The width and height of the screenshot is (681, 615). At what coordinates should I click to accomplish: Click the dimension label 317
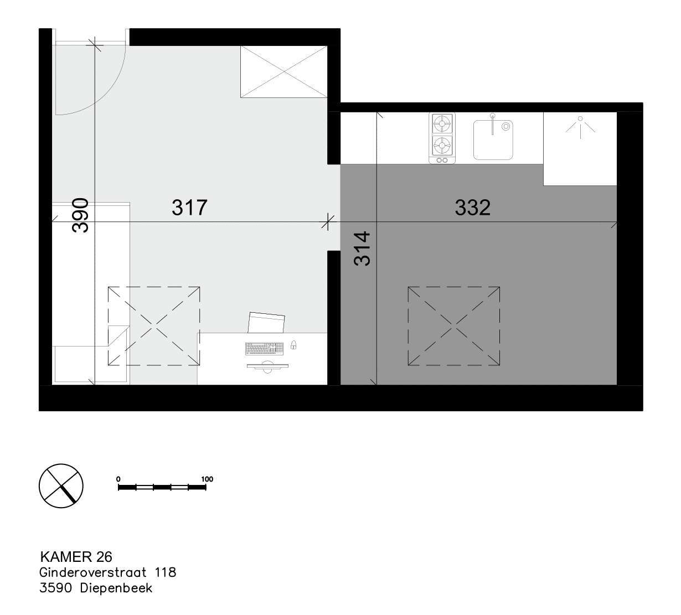[189, 208]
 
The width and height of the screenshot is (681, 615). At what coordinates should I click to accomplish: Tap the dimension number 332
[473, 208]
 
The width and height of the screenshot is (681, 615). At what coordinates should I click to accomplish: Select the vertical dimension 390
[80, 215]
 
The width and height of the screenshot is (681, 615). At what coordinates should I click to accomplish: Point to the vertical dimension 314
[362, 248]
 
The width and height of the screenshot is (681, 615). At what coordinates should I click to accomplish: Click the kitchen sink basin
[493, 140]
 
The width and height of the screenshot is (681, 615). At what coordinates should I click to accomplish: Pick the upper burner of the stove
[442, 124]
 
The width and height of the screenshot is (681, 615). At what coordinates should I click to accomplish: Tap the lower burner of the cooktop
[442, 145]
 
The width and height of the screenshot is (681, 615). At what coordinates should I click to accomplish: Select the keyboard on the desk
[264, 349]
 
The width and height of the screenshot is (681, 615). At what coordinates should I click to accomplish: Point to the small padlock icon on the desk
[293, 345]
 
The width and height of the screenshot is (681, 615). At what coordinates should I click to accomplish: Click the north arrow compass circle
[61, 485]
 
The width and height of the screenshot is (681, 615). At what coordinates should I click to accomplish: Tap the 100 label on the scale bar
[207, 479]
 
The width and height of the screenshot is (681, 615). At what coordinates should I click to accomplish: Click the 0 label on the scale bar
[118, 479]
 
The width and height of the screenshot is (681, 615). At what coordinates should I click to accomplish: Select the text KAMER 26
[76, 557]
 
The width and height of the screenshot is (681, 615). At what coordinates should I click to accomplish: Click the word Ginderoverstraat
[93, 572]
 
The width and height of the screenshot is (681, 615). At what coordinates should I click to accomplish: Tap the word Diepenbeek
[116, 588]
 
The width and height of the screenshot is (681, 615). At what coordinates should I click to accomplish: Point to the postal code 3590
[56, 588]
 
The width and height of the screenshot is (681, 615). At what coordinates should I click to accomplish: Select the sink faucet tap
[492, 124]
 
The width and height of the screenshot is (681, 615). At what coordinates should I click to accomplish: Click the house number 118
[166, 572]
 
